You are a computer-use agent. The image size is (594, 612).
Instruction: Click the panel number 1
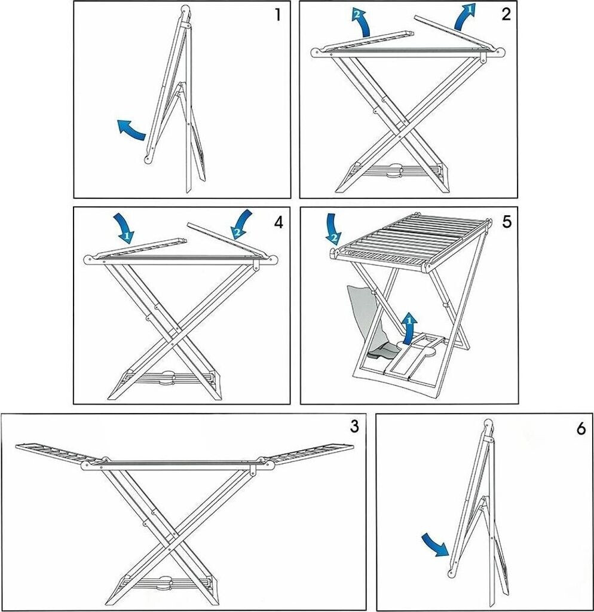[x=277, y=15]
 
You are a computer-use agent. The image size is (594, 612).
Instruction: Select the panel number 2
[x=506, y=14]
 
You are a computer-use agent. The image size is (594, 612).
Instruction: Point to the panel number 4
[x=278, y=222]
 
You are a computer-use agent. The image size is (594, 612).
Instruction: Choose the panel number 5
[x=506, y=222]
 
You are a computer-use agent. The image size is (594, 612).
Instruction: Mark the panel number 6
[x=581, y=430]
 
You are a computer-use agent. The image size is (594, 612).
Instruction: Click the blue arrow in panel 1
[x=131, y=129]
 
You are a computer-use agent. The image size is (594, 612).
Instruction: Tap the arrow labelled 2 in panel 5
[x=332, y=231]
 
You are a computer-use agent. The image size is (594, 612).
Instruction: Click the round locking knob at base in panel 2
[x=393, y=171]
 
